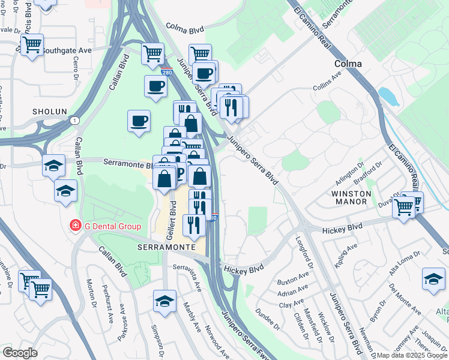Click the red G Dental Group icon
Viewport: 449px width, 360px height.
pos(76,226)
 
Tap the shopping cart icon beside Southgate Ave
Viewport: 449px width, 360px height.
pos(32,45)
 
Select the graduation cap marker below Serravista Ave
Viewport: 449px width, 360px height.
pos(164,301)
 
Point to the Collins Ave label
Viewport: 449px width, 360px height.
pos(327,88)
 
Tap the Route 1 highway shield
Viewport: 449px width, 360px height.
pos(73,121)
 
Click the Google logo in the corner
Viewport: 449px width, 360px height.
pos(20,353)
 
